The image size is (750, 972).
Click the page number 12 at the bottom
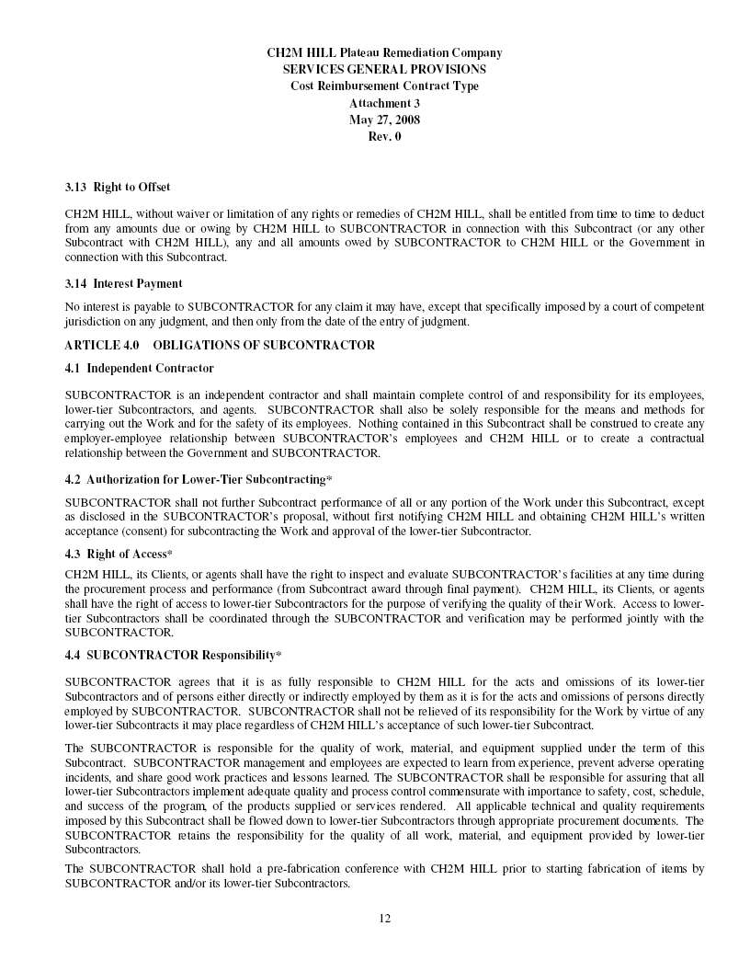tap(384, 917)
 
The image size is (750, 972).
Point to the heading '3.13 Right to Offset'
tap(117, 188)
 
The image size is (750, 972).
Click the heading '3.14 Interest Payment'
tap(123, 283)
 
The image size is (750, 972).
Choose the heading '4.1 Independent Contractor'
tap(139, 368)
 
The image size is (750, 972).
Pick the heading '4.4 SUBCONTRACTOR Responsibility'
tap(173, 656)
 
